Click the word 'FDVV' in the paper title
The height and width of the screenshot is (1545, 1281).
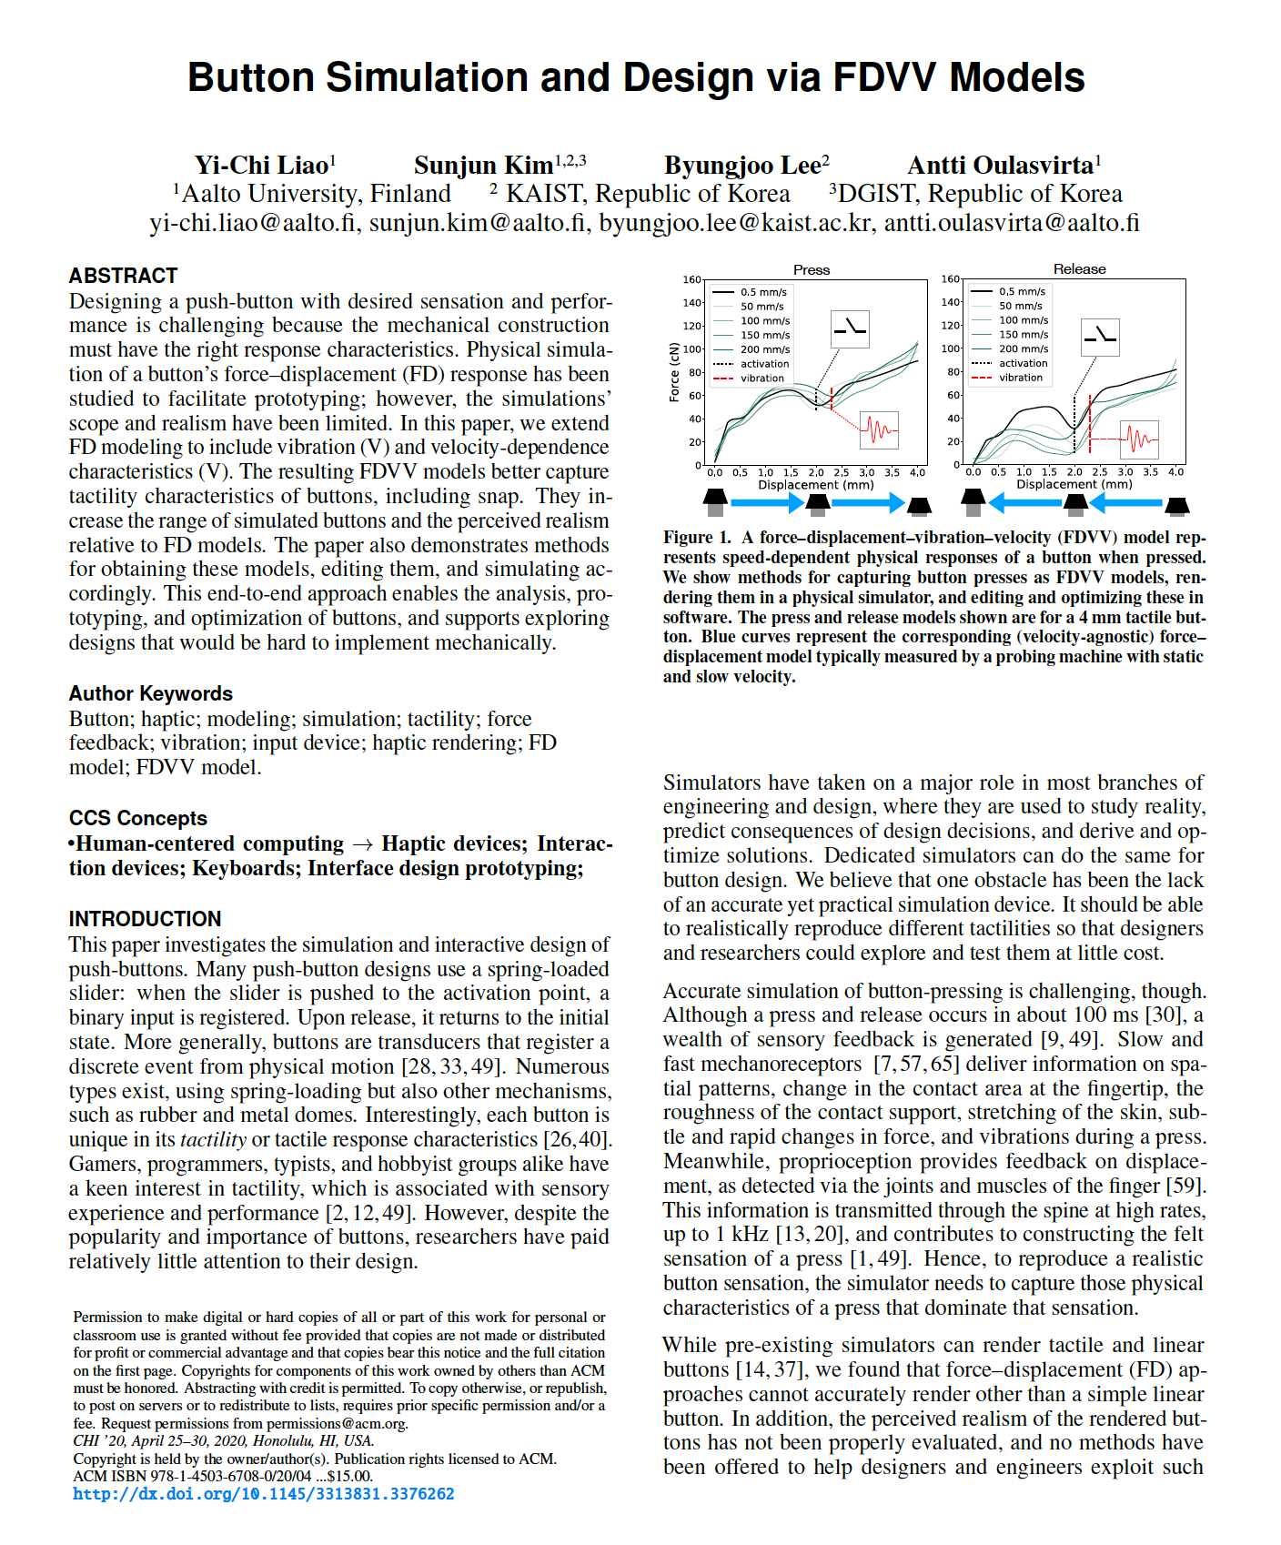click(x=883, y=78)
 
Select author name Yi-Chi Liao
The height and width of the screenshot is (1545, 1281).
click(x=261, y=165)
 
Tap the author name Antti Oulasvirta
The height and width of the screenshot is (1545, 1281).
click(x=1001, y=165)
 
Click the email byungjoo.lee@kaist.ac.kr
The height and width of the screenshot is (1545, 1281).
click(x=735, y=223)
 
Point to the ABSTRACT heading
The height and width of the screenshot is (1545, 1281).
click(x=123, y=276)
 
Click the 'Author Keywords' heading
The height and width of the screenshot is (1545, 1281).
click(x=151, y=693)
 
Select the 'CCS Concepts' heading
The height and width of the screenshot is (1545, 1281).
click(x=138, y=818)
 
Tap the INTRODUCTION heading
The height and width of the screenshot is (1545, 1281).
click(x=146, y=919)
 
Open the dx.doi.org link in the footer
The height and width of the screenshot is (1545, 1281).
click(x=264, y=1494)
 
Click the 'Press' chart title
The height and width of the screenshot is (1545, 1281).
click(x=812, y=270)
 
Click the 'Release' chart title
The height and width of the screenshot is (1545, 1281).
click(x=1079, y=269)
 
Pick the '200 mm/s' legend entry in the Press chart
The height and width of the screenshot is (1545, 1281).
click(x=764, y=349)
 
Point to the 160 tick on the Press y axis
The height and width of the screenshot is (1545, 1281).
click(x=691, y=279)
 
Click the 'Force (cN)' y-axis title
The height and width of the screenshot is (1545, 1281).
click(x=674, y=372)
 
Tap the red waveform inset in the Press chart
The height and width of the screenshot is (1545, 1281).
click(x=879, y=429)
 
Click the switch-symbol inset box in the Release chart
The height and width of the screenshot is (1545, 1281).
click(x=1100, y=337)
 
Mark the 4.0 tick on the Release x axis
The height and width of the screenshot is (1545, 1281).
click(x=1176, y=472)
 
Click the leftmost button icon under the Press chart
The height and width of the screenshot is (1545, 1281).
click(x=715, y=500)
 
